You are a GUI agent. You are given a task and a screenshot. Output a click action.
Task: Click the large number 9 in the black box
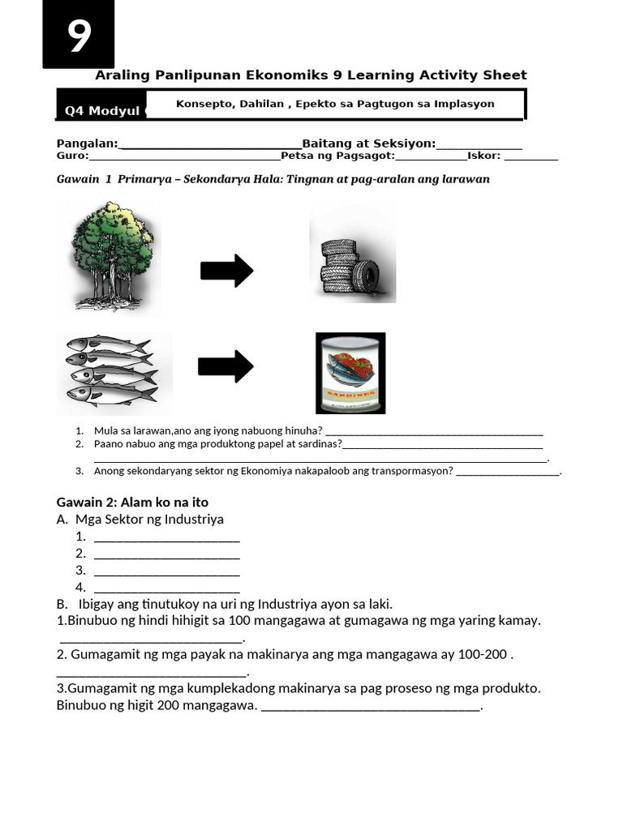(79, 36)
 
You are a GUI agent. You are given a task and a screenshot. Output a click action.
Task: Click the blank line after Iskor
(531, 159)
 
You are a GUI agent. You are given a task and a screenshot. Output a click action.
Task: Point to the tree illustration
(110, 256)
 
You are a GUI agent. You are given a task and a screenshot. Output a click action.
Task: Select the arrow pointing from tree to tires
(227, 271)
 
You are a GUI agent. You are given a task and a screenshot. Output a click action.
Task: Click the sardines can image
(350, 373)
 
